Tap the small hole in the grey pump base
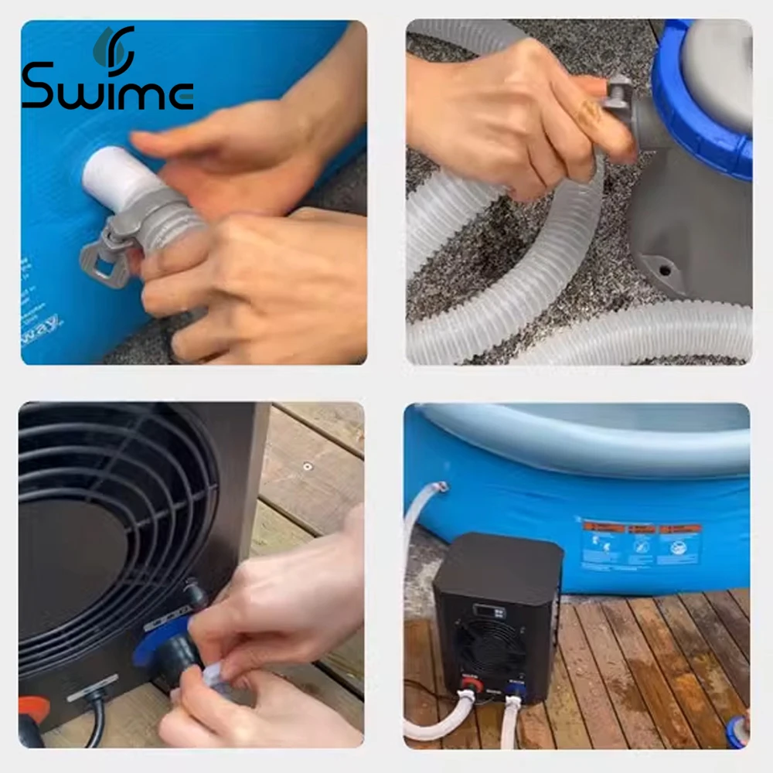tap(663, 271)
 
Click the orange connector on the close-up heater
tap(32, 707)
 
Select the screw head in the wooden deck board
tap(308, 466)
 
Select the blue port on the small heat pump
tap(512, 685)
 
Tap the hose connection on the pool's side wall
tap(440, 488)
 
